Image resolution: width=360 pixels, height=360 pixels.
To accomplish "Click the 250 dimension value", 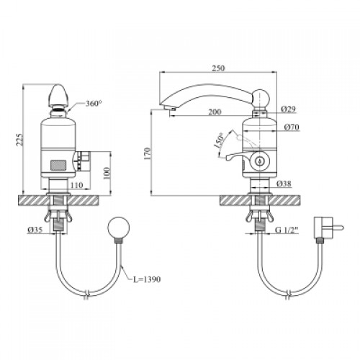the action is coord(219,68).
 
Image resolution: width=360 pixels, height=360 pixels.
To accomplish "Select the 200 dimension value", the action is coord(215,112).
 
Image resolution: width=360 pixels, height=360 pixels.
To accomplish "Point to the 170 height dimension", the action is coord(148,153).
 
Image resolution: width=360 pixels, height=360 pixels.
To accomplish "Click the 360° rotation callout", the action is coord(94,104).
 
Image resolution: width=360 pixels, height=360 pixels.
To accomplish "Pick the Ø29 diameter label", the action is coord(289,109).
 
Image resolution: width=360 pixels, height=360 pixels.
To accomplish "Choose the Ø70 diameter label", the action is coord(292,127).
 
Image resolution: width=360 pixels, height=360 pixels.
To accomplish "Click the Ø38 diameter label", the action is coord(284,184).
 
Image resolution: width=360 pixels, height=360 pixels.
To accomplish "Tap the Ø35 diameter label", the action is coord(35,230).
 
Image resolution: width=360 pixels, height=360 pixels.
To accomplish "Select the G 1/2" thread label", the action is coord(287,230).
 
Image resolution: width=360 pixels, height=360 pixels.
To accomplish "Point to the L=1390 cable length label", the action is coord(147,279).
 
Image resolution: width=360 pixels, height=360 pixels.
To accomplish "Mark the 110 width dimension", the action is coord(77,185).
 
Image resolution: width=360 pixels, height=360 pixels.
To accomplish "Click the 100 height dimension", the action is coord(107,173).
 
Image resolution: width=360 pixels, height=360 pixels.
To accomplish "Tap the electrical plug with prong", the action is coord(328,227).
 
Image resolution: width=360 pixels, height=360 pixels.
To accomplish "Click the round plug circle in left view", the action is coord(119,227).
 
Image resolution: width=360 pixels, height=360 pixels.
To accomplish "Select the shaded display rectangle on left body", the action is coord(58,166).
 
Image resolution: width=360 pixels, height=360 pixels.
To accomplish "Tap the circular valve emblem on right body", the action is coord(259,161).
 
